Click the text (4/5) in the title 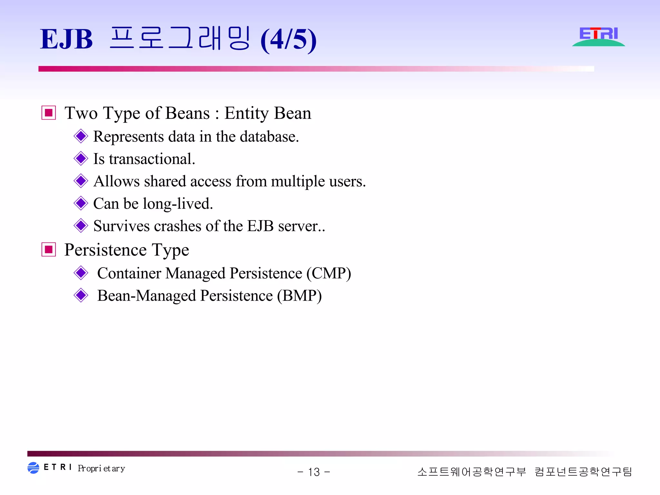click(x=288, y=40)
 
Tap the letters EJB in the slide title click(x=66, y=40)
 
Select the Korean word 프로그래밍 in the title click(x=180, y=39)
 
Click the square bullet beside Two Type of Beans click(x=49, y=113)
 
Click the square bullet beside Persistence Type click(x=49, y=250)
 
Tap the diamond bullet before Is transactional click(x=81, y=159)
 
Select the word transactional click(x=152, y=159)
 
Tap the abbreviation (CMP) click(x=328, y=274)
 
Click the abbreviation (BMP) click(x=299, y=296)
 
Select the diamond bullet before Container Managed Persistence click(x=81, y=273)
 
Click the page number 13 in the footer click(x=314, y=472)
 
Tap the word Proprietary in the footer click(x=101, y=468)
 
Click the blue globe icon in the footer click(x=33, y=468)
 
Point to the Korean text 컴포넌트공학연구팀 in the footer click(x=583, y=472)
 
